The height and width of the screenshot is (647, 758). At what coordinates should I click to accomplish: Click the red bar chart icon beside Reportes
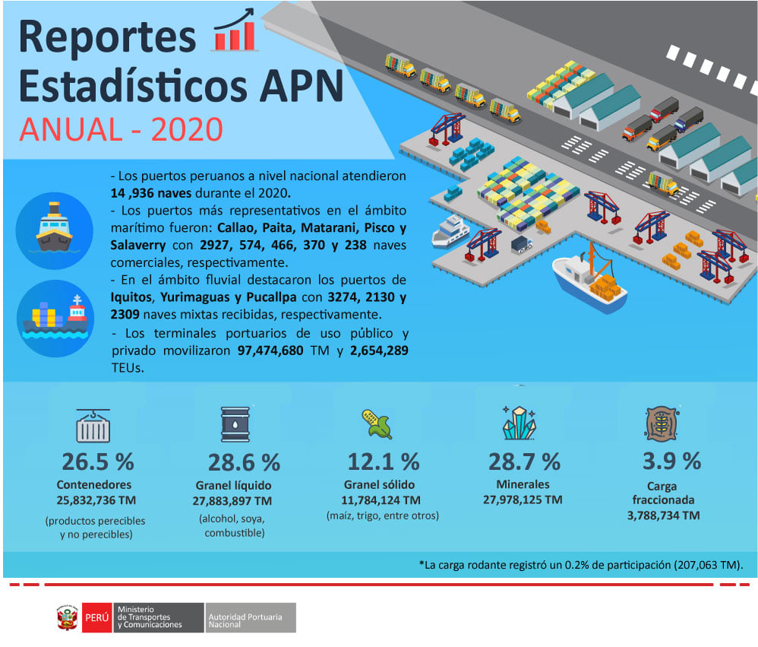pyautogui.click(x=235, y=30)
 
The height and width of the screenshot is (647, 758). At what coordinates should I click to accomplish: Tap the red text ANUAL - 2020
pyautogui.click(x=122, y=130)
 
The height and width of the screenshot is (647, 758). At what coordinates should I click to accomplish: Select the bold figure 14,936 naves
pyautogui.click(x=151, y=193)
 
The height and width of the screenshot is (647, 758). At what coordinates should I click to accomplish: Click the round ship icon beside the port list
pyautogui.click(x=54, y=230)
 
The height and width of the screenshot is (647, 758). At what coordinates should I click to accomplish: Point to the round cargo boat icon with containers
pyautogui.click(x=55, y=318)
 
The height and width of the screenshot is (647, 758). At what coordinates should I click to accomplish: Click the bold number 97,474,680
pyautogui.click(x=270, y=350)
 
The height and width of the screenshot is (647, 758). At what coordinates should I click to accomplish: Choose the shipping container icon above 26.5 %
pyautogui.click(x=93, y=425)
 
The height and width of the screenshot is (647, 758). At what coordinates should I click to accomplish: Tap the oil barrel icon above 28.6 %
pyautogui.click(x=235, y=424)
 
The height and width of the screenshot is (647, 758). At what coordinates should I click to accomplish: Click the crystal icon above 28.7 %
pyautogui.click(x=519, y=423)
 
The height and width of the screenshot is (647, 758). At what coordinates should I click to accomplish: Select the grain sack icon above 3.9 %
pyautogui.click(x=662, y=423)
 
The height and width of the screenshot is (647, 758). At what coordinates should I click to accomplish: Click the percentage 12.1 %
pyautogui.click(x=384, y=461)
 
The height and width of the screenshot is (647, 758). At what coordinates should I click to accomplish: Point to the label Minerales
pyautogui.click(x=523, y=484)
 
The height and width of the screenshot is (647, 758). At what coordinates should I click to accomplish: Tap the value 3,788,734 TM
pyautogui.click(x=663, y=515)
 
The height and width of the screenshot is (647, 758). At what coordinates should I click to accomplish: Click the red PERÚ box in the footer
pyautogui.click(x=96, y=617)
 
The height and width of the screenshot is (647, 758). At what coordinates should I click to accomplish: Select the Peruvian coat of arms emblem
pyautogui.click(x=67, y=617)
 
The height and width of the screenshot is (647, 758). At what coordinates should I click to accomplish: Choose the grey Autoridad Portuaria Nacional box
pyautogui.click(x=251, y=617)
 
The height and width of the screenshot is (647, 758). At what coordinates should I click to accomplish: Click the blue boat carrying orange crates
pyautogui.click(x=590, y=281)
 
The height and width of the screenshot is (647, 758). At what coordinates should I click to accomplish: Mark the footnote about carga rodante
pyautogui.click(x=581, y=565)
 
